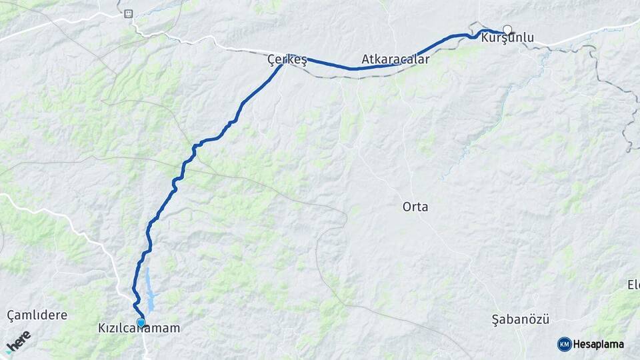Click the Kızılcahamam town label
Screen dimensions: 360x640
point(139,329)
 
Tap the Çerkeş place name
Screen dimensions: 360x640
point(287,60)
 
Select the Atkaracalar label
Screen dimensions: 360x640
point(395,59)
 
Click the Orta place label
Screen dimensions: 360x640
point(415,207)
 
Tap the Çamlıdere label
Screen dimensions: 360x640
point(37,315)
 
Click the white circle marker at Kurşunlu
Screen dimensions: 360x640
point(507,29)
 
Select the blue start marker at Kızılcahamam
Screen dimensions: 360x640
point(141,323)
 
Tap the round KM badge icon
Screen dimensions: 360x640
point(564,344)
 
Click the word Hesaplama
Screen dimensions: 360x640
point(599,344)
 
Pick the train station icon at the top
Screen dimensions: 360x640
point(128,13)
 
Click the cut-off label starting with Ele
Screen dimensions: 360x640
point(633,285)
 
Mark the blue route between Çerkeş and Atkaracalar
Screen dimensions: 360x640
point(327,65)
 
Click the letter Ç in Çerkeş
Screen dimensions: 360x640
point(271,60)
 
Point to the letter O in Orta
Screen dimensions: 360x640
point(407,207)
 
